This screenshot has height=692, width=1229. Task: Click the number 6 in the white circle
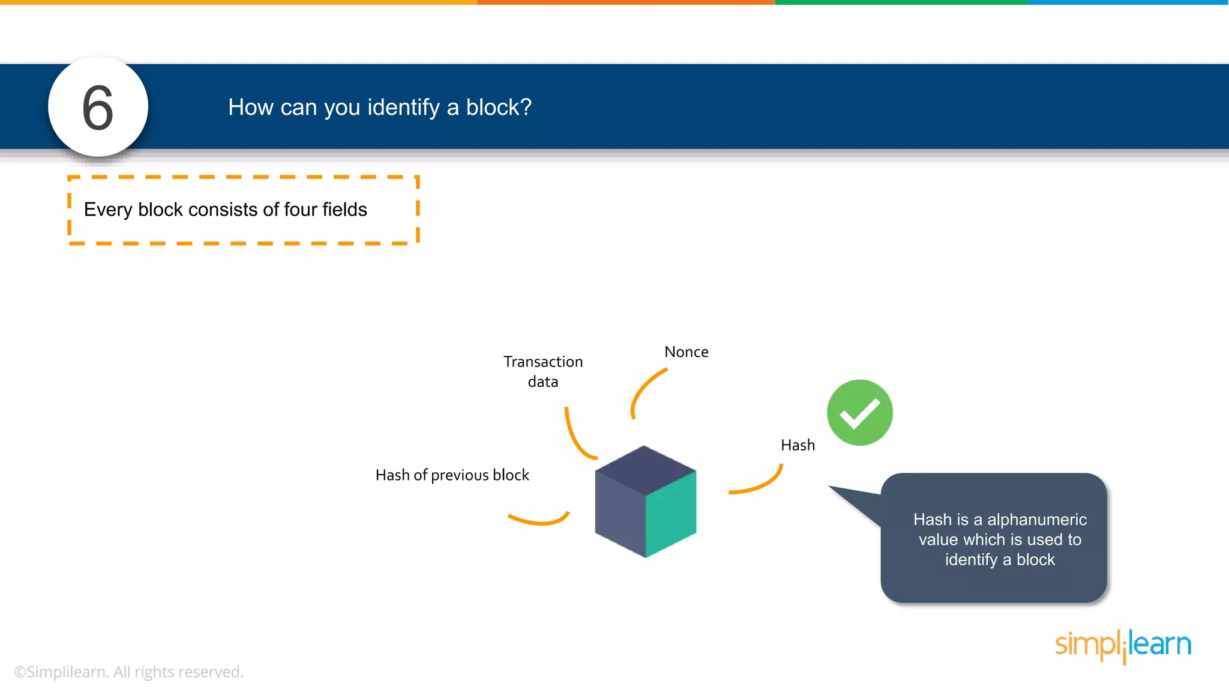pos(98,108)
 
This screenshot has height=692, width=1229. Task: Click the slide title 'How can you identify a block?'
pos(379,108)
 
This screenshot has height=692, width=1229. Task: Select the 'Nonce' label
pos(686,352)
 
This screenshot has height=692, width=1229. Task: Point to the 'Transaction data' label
pos(542,371)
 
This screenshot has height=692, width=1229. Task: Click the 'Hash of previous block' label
pos(452,475)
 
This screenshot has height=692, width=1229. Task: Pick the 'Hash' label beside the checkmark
pos(798,445)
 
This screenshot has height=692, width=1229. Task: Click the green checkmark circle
pos(859,413)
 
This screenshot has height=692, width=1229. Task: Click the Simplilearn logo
pos(1123,645)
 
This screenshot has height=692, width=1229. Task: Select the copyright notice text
pos(128,672)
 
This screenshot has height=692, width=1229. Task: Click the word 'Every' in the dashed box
pos(108,210)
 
